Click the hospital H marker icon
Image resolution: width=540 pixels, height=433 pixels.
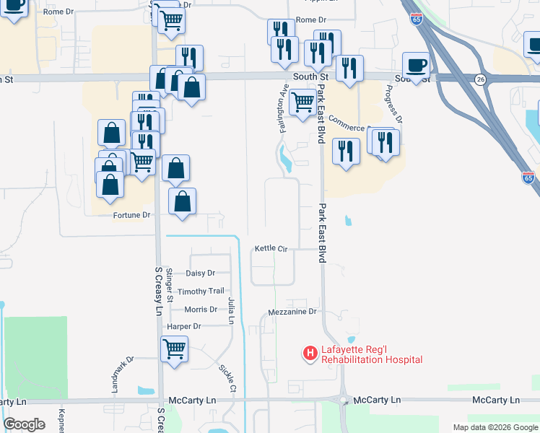coord(310,353)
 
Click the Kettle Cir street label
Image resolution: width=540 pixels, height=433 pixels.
coord(271,248)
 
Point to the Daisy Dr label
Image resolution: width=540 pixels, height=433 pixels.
coord(201,274)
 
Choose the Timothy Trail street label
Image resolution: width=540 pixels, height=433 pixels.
coord(201,291)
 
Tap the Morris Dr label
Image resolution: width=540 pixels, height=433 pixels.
coord(201,310)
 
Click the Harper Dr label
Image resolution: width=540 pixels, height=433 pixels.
coord(183,326)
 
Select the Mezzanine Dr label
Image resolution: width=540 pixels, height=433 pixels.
coord(292,312)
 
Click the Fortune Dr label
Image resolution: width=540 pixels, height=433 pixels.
coord(131,215)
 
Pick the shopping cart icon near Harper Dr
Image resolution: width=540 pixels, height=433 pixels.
coord(174,349)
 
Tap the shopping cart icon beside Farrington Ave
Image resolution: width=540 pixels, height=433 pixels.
coord(302,102)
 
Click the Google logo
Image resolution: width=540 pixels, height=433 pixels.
coord(24,424)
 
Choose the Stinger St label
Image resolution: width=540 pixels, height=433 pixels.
coord(170,284)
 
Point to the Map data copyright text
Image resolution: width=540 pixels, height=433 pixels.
coord(495,427)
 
